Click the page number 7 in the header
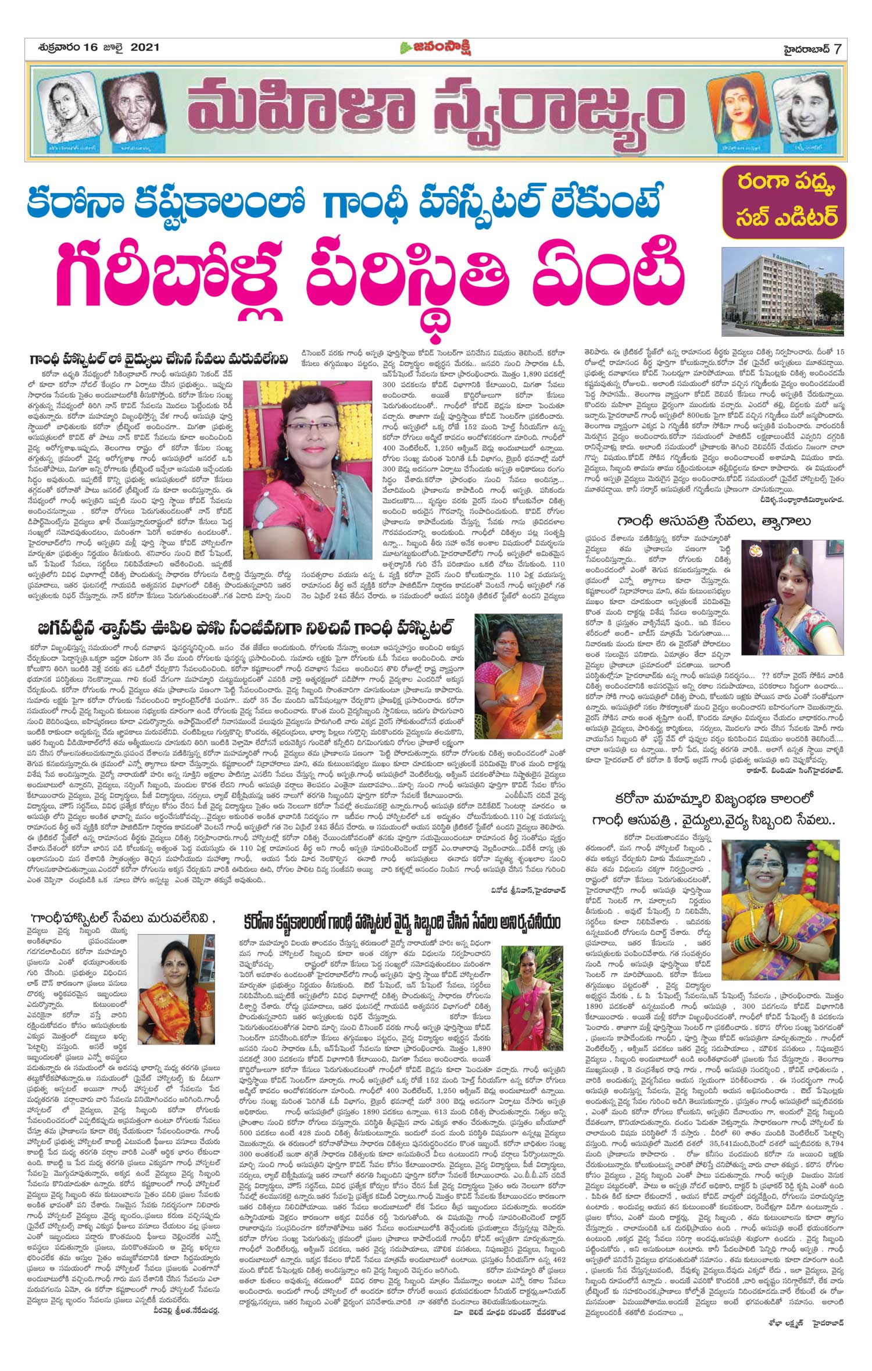pos(837,48)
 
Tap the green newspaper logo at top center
pos(435,48)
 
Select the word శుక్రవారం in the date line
pos(55,48)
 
